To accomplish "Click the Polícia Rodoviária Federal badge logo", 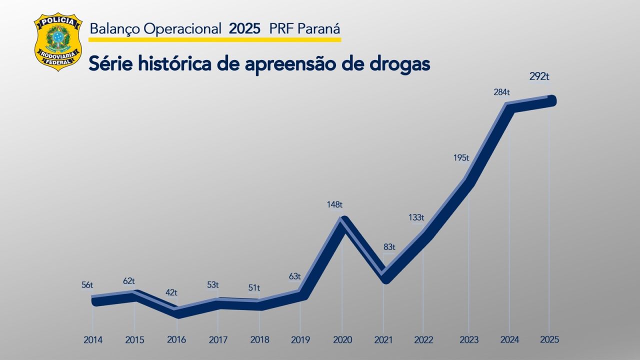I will click(x=58, y=41).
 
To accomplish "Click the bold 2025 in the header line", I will click(x=244, y=28).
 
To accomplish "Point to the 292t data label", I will click(x=539, y=77).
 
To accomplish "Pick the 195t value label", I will click(x=461, y=158).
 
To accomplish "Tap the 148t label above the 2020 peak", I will click(x=334, y=204).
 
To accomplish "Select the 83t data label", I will click(x=389, y=247).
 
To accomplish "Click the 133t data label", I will click(x=416, y=217).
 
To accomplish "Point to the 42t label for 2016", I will click(x=171, y=292).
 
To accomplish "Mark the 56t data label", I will click(x=87, y=285).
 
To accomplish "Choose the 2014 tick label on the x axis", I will click(x=93, y=340).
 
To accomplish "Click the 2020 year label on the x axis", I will click(x=342, y=340).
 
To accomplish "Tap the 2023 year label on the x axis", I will click(x=468, y=340).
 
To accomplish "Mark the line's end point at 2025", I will click(x=551, y=100).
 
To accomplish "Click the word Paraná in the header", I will click(x=320, y=28).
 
